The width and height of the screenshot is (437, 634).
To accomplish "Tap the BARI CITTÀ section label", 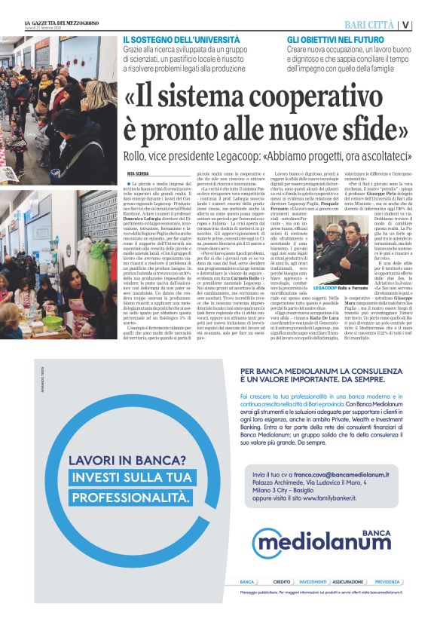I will (x=371, y=24).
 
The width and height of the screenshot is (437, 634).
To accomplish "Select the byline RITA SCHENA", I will (x=139, y=174).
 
